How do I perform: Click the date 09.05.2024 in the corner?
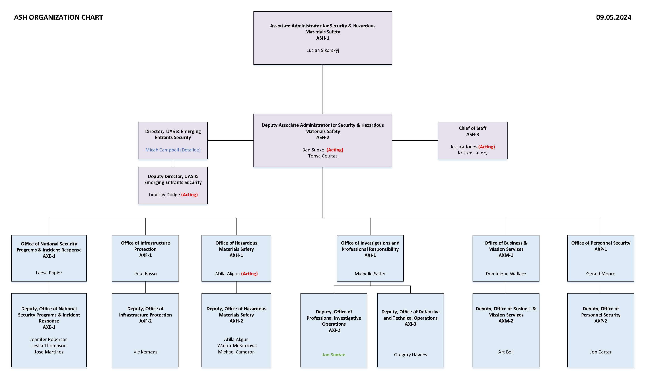tap(613, 17)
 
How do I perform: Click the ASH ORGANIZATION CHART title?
tap(58, 17)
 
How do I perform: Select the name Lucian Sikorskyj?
tap(323, 50)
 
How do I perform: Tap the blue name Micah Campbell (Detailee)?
tap(173, 150)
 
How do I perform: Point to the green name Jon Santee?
tap(333, 355)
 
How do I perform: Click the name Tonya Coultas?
tap(323, 156)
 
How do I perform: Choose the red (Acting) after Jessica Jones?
tap(486, 147)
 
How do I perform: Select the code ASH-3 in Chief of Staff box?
tap(472, 135)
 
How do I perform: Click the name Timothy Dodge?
tap(164, 195)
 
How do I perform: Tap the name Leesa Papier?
tap(49, 273)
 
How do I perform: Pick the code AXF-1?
tap(145, 255)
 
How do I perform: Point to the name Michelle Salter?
tap(370, 274)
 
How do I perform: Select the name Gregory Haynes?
tap(410, 355)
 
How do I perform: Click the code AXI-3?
tap(410, 324)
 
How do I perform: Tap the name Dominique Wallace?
tap(506, 274)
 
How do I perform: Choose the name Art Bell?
tap(506, 352)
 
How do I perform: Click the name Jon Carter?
tap(600, 352)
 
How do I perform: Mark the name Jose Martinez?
tap(49, 352)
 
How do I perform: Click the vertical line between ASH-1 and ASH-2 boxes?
tap(323, 89)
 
